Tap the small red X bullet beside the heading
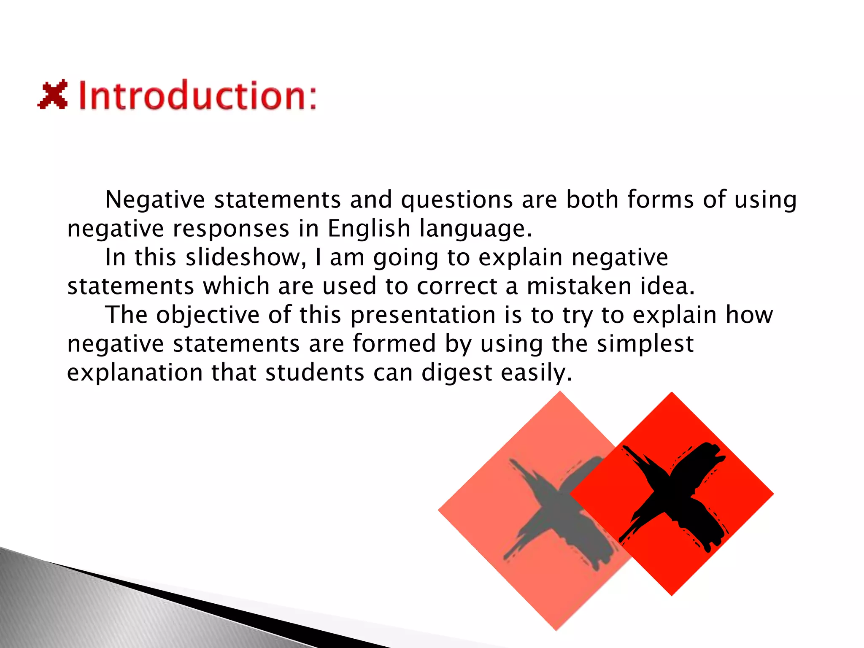coord(53,94)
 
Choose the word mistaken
coord(579,286)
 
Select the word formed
coord(394,343)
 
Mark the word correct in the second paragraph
coord(457,286)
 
